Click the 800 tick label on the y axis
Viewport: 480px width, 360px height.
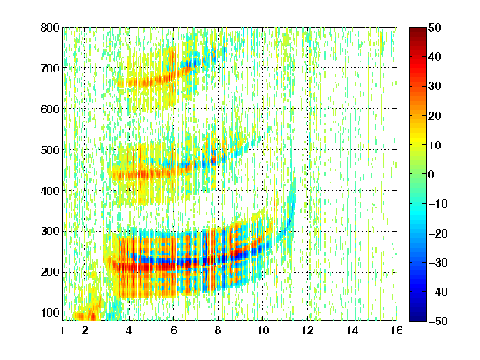click(50, 27)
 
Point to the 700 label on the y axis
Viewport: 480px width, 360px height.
click(50, 68)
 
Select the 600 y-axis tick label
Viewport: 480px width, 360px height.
click(50, 109)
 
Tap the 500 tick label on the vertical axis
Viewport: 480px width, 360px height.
click(50, 150)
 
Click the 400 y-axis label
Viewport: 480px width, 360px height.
click(50, 191)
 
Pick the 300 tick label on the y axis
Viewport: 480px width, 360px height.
click(50, 232)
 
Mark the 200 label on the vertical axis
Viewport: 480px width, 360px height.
click(50, 272)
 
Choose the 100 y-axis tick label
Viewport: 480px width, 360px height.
click(50, 312)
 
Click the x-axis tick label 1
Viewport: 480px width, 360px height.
click(62, 330)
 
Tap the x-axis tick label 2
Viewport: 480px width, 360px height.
click(85, 330)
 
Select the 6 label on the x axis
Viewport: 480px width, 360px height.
click(174, 330)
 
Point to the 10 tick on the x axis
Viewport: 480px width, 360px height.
click(263, 330)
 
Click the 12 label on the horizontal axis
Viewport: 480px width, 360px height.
click(307, 330)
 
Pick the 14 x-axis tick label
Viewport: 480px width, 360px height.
click(352, 330)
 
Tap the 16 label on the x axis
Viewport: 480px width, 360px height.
click(397, 330)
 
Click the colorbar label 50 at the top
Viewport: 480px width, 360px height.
click(435, 27)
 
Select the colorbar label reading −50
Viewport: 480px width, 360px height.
click(438, 321)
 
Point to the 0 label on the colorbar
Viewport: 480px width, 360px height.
click(432, 174)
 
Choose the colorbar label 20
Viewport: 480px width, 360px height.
click(435, 116)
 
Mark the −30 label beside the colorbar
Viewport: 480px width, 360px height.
click(438, 262)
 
